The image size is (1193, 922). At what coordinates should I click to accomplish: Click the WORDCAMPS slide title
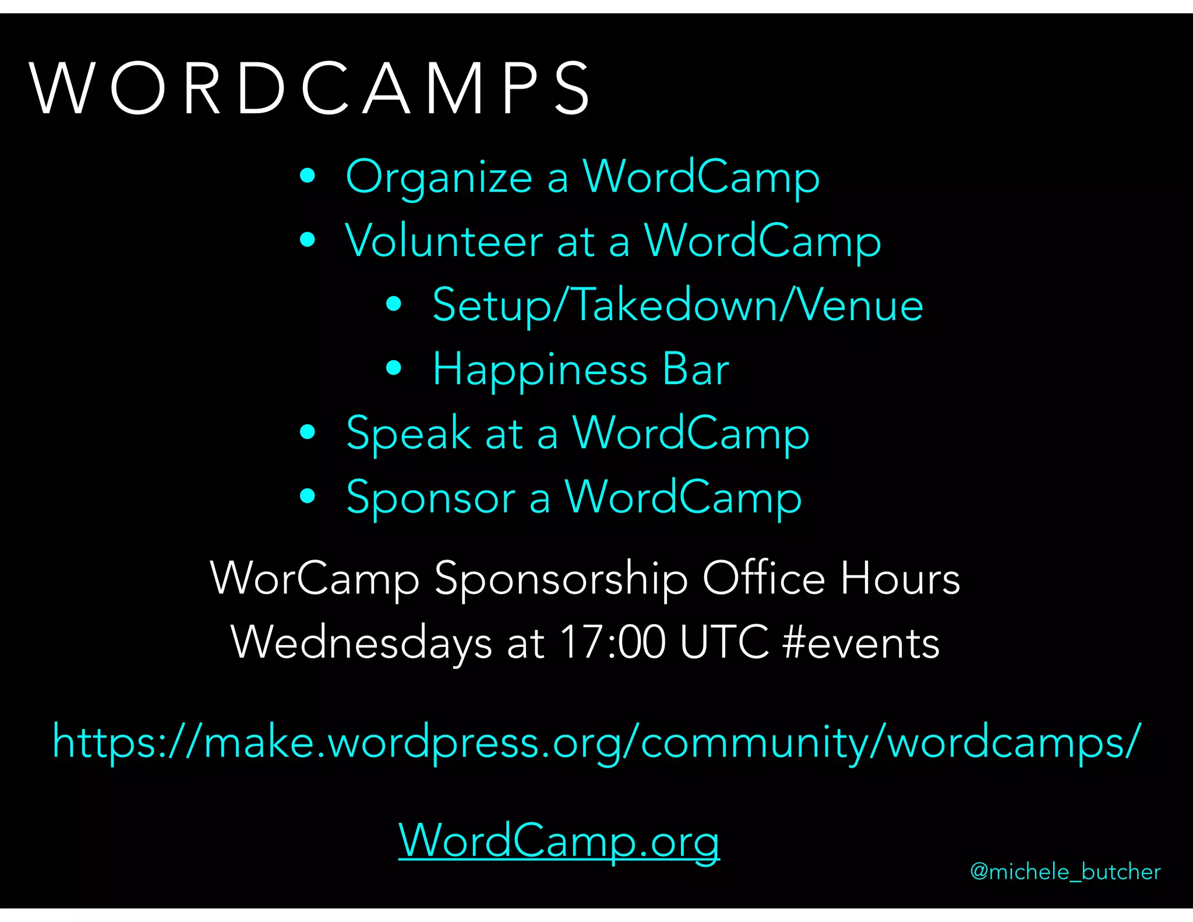pyautogui.click(x=310, y=89)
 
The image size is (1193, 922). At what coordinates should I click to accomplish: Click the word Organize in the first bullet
pyautogui.click(x=439, y=177)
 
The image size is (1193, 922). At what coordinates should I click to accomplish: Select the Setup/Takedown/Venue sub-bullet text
pyautogui.click(x=677, y=305)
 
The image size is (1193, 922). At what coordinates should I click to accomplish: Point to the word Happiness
pyautogui.click(x=539, y=369)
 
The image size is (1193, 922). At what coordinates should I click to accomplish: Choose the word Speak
pyautogui.click(x=408, y=433)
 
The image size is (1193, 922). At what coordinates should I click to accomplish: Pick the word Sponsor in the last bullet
pyautogui.click(x=430, y=497)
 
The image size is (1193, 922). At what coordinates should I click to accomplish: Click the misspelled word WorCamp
pyautogui.click(x=315, y=579)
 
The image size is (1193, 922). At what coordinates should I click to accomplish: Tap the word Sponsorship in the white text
pyautogui.click(x=561, y=579)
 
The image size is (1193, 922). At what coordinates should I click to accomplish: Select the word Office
pyautogui.click(x=764, y=579)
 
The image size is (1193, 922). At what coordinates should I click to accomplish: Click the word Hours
pyautogui.click(x=900, y=579)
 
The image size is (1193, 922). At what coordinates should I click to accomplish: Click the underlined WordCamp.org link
pyautogui.click(x=559, y=840)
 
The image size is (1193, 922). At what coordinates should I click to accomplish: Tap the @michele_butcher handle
pyautogui.click(x=1065, y=872)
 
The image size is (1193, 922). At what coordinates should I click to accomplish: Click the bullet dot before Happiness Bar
pyautogui.click(x=394, y=368)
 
